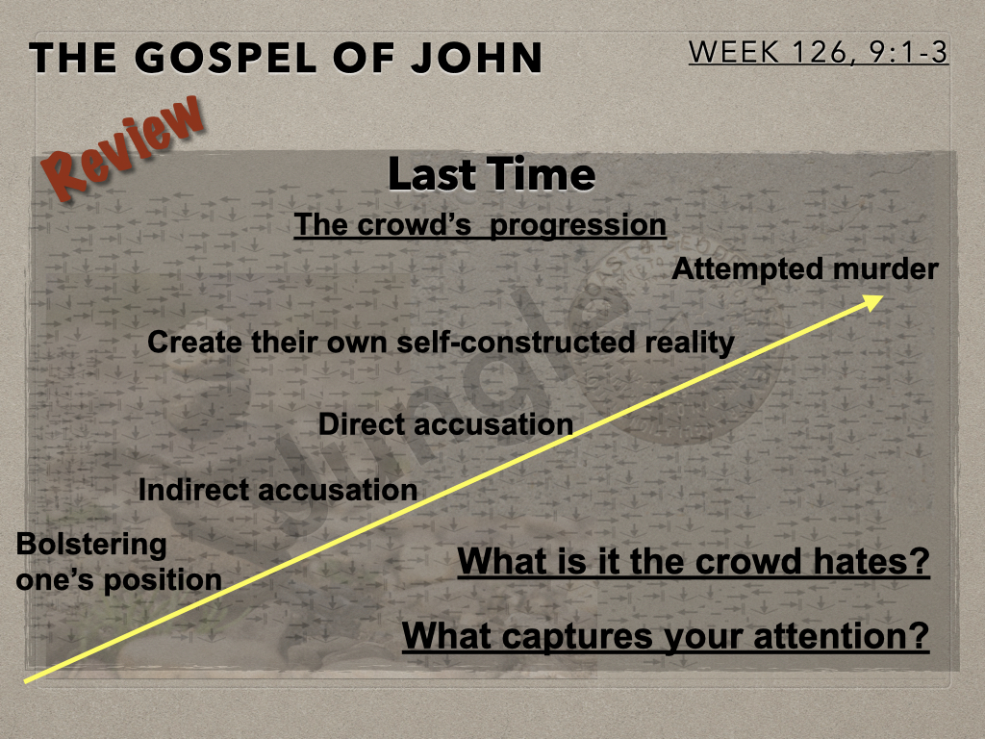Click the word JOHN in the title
(476, 57)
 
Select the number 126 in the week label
(819, 52)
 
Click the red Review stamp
(123, 148)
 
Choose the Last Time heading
(492, 174)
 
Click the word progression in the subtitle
(577, 225)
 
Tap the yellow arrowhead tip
(883, 296)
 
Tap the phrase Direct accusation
(445, 424)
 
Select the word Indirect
(192, 490)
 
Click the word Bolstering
(91, 546)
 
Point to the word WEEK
(734, 52)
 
